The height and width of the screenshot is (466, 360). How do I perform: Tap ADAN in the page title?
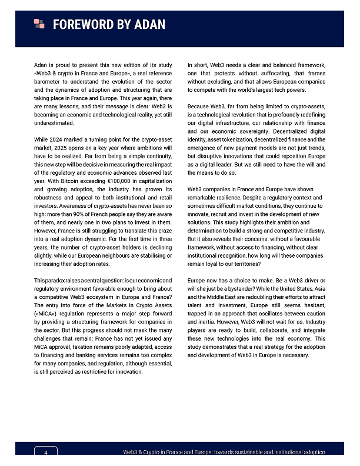[x=149, y=24]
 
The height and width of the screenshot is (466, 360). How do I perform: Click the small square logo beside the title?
[x=39, y=24]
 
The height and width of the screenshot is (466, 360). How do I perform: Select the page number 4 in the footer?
[x=45, y=452]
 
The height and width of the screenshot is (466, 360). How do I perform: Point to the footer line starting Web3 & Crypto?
[x=224, y=451]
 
